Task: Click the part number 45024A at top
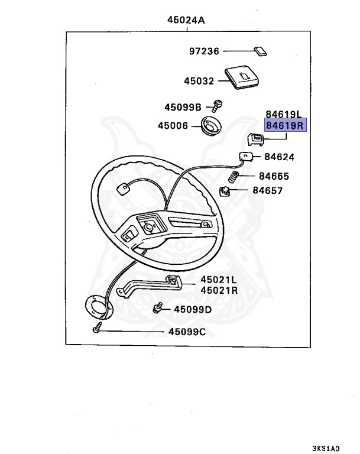point(186,20)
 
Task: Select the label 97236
point(204,52)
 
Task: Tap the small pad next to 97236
point(260,50)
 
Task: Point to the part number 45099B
point(183,107)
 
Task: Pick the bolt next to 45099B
point(217,106)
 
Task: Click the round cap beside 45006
point(211,127)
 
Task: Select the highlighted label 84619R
point(284,125)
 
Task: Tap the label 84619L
point(284,114)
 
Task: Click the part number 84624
point(279,157)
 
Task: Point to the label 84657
point(268,190)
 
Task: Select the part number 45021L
point(218,280)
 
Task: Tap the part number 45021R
point(218,290)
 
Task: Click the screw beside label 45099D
point(158,308)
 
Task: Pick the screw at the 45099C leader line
point(97,330)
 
